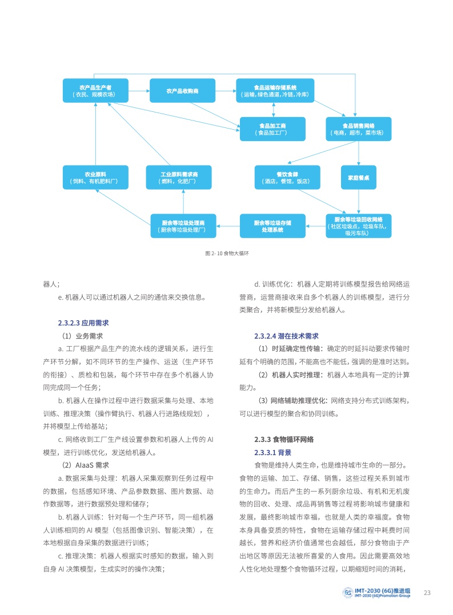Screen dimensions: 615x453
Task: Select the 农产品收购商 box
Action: pos(182,90)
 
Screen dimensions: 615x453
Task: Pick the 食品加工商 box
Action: pos(272,128)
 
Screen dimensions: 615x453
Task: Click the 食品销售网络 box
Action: pos(358,128)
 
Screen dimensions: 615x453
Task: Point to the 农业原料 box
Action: pos(95,177)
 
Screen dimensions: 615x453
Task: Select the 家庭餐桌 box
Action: pos(358,177)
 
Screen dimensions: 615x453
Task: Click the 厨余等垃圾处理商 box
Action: pos(183,226)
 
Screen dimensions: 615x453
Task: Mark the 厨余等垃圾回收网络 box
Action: pos(358,226)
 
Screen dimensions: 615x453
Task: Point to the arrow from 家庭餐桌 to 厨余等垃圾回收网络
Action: pos(358,201)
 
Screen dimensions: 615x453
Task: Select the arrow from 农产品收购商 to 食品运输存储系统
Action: pos(226,90)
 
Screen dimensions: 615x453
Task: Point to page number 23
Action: pos(427,592)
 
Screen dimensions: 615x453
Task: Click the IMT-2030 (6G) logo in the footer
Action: pos(377,592)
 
